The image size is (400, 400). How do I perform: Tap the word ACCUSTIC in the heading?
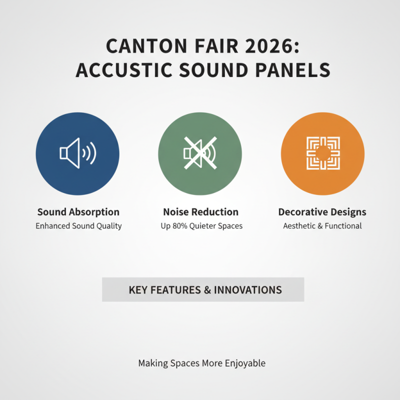tap(115, 70)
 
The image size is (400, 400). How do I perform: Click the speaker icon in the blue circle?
tap(77, 153)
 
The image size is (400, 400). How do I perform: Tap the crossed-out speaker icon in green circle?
tap(200, 153)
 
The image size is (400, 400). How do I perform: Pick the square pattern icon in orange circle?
tap(322, 153)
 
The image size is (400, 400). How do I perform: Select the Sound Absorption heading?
tap(78, 212)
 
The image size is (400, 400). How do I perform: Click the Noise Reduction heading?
tap(200, 212)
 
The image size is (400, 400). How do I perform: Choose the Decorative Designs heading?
tap(322, 212)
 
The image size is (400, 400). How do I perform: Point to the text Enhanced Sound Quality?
tap(78, 226)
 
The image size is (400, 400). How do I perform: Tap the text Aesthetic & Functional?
tap(322, 226)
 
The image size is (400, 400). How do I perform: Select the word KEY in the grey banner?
tap(138, 290)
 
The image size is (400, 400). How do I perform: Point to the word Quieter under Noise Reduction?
tap(205, 226)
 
